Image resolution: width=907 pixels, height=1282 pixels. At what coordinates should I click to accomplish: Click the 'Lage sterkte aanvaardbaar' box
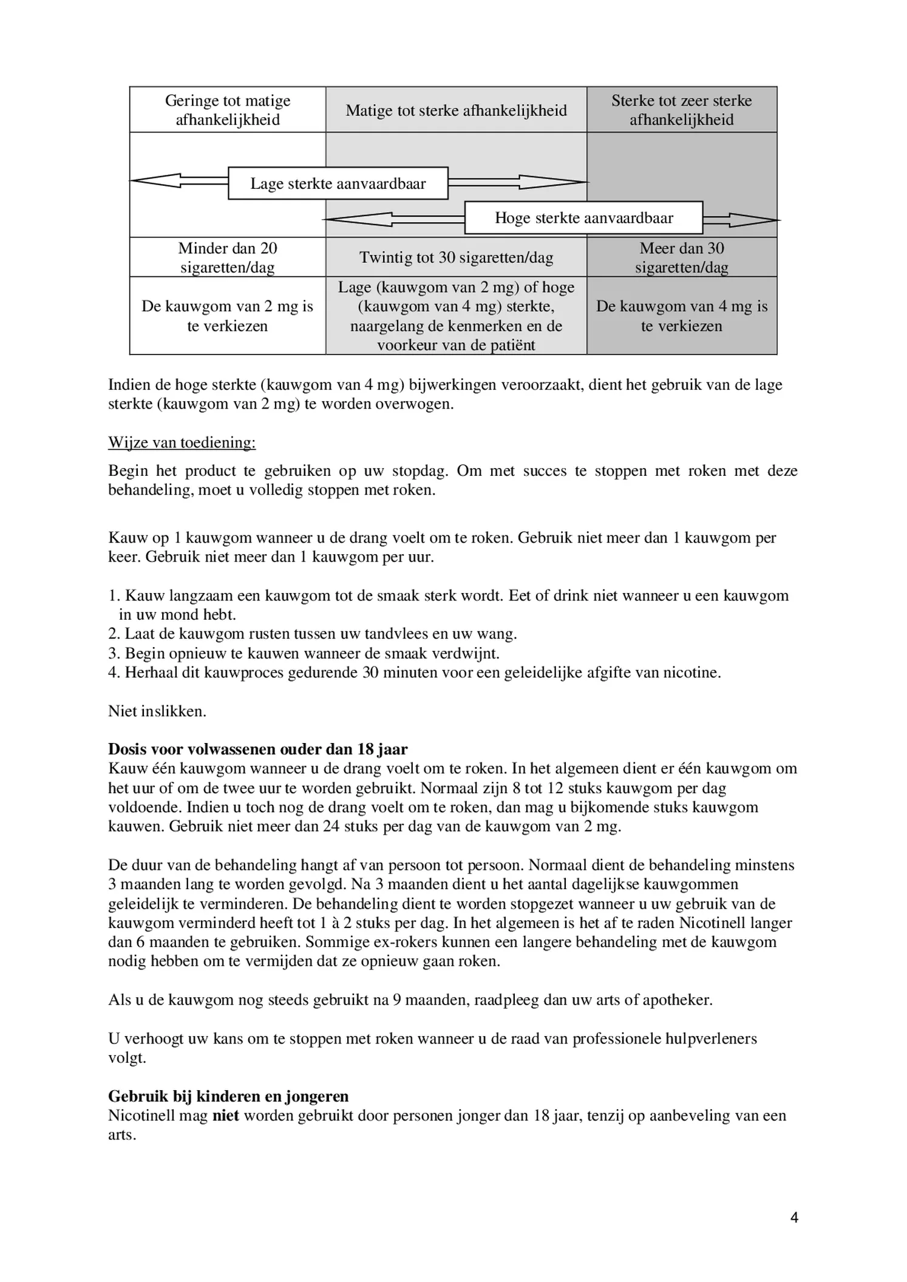(338, 183)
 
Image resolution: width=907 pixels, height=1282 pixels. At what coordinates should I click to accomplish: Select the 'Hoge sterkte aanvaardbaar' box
(583, 218)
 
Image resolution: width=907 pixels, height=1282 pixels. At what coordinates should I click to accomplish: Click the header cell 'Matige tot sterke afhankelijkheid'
(456, 110)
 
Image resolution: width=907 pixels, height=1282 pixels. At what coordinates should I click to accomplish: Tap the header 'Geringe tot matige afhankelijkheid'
(228, 110)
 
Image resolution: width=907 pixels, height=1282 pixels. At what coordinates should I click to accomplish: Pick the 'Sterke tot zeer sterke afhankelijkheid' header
(681, 110)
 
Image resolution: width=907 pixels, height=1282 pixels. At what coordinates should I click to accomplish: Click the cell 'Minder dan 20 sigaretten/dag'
(228, 257)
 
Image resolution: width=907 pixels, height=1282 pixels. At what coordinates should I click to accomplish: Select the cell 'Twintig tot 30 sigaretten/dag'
(456, 257)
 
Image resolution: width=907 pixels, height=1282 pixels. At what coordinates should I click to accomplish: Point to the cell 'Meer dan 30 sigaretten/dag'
(681, 257)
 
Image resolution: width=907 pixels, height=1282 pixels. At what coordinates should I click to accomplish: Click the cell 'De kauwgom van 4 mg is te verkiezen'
(681, 316)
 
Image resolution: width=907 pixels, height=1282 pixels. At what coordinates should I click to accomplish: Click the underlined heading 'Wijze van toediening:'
(182, 443)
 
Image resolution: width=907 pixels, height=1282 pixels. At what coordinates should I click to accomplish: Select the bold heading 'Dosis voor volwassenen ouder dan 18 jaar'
(257, 749)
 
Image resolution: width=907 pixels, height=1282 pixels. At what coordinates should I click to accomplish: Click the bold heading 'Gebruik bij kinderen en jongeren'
(228, 1096)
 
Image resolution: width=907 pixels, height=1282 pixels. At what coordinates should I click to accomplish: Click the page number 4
(794, 1217)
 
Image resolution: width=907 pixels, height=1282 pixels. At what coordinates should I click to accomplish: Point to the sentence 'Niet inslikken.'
(157, 711)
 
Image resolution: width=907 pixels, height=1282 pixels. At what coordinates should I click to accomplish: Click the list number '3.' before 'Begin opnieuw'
(114, 654)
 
